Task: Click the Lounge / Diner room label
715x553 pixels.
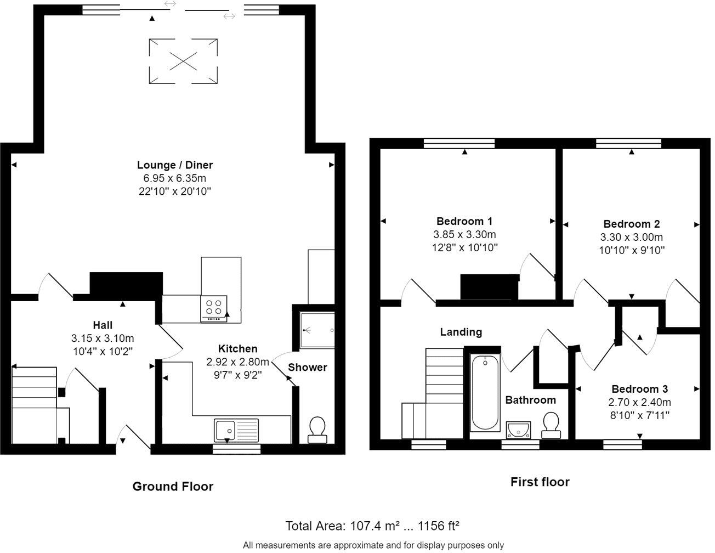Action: (175, 165)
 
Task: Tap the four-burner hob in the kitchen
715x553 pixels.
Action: (213, 308)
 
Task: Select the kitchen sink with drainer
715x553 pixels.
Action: (236, 430)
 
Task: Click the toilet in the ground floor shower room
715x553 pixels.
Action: (317, 430)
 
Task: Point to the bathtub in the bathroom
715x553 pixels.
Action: (485, 393)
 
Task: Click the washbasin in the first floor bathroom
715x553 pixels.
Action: (518, 430)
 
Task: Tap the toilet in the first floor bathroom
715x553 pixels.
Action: (551, 426)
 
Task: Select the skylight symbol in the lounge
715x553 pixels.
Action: (183, 61)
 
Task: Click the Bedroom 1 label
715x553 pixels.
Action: (464, 221)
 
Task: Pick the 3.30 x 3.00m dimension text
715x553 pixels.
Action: (632, 237)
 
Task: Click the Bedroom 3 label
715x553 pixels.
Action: (640, 389)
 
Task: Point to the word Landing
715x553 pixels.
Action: (461, 332)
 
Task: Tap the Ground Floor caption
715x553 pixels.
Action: (173, 487)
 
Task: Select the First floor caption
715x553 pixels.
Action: (540, 482)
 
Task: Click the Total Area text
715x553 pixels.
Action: (372, 526)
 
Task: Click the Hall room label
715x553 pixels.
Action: (103, 325)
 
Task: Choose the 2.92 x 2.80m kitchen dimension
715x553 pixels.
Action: (237, 362)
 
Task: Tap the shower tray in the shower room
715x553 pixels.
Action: (317, 330)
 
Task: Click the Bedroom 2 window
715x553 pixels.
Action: (628, 143)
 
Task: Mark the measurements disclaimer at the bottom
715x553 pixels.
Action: (373, 545)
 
